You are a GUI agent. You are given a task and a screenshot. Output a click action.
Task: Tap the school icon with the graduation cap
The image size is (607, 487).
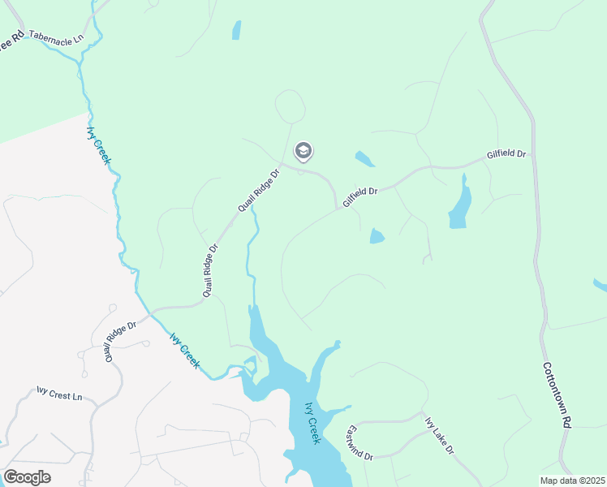[303, 151]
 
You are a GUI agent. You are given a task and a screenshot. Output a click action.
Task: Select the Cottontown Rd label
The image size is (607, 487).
[557, 394]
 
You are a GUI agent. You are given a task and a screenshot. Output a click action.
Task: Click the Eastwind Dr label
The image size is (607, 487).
[358, 443]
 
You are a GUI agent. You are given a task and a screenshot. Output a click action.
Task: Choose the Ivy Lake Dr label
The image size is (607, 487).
[440, 435]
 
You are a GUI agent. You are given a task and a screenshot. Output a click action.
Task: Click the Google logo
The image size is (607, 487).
[27, 477]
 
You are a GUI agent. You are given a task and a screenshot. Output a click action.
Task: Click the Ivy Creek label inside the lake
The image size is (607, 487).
[312, 423]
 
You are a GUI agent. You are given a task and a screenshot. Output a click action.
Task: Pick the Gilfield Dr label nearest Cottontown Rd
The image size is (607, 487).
[506, 153]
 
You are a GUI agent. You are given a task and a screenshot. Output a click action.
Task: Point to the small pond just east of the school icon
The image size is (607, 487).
[364, 159]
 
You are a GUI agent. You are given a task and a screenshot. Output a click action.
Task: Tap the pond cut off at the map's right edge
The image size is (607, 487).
[601, 285]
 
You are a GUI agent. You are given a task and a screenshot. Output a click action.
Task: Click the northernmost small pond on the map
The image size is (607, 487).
[236, 30]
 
